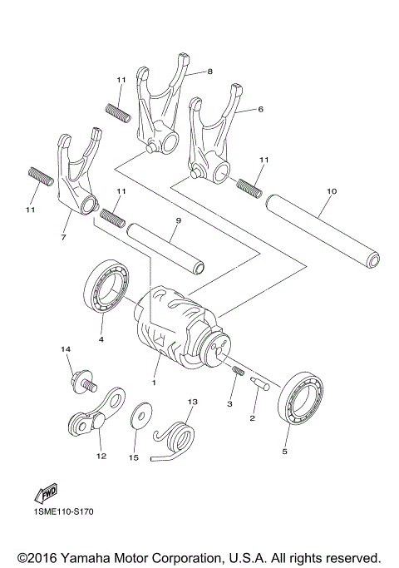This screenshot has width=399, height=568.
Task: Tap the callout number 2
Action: point(252,420)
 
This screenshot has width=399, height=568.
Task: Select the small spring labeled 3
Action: point(237,370)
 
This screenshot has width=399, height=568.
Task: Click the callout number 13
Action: point(191,402)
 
